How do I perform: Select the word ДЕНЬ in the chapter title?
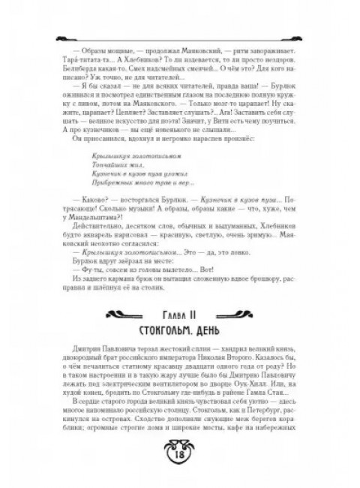coord(215,331)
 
